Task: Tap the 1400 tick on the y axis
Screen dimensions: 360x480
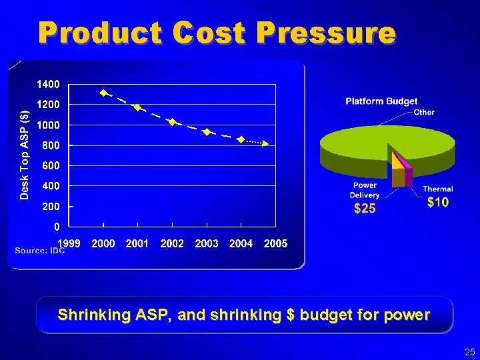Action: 47,85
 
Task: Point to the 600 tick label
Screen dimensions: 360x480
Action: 51,165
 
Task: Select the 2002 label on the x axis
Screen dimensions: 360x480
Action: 172,244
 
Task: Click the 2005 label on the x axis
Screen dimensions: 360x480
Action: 275,244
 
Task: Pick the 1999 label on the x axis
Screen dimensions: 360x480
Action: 69,244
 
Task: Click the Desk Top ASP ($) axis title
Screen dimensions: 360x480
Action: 24,145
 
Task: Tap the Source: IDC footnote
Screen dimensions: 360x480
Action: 39,251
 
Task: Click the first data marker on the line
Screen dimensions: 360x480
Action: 103,93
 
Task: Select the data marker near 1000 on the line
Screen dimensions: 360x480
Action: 172,122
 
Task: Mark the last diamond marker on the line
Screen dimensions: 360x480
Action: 241,139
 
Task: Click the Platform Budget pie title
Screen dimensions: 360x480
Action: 381,101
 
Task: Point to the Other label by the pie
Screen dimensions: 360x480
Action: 424,113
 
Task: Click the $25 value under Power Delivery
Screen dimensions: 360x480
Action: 365,209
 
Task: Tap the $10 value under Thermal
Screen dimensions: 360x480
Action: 437,202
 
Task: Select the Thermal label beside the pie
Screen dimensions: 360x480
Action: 437,189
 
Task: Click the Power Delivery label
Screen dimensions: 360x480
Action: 365,190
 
